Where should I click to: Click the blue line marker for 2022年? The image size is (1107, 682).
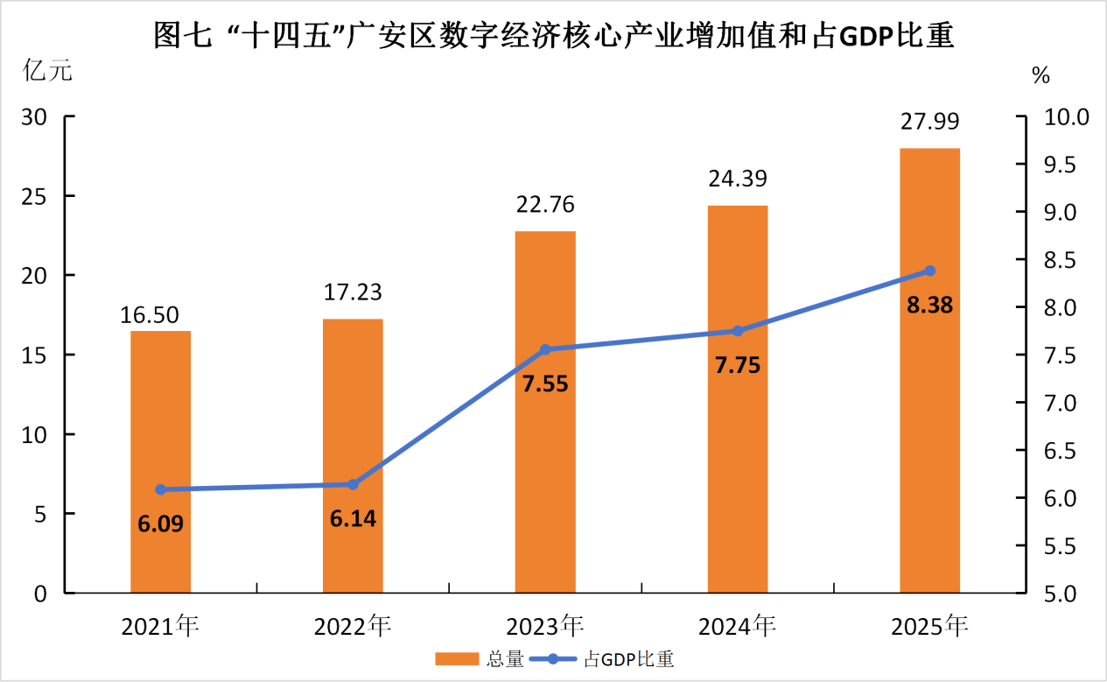[354, 484]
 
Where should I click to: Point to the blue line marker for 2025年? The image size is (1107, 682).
[930, 271]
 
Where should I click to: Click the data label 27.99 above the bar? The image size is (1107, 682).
[929, 121]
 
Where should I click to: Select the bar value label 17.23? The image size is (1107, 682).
[353, 292]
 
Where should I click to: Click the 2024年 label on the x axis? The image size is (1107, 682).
[737, 627]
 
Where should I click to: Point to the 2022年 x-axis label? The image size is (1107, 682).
[353, 627]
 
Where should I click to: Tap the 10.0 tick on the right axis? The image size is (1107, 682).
[1059, 117]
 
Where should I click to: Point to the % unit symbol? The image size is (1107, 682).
[1040, 75]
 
